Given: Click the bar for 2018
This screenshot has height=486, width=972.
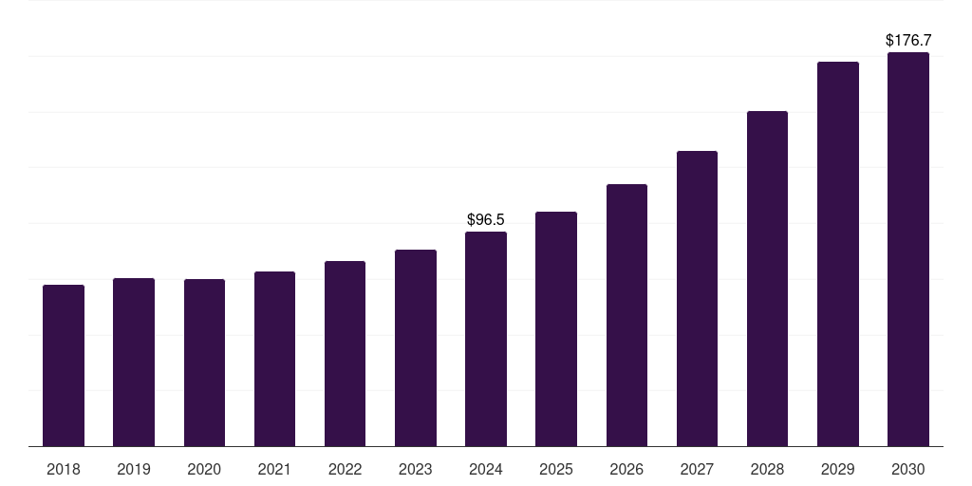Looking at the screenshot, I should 64,365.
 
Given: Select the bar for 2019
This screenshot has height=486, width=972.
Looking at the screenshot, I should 134,362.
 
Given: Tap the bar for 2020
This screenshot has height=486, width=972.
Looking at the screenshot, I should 204,363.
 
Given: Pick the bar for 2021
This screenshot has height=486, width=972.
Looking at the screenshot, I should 274,359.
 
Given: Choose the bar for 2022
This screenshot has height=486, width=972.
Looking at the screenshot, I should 345,353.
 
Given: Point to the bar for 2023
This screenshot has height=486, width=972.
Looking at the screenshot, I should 416,347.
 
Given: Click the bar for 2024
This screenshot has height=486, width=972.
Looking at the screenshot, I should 486,339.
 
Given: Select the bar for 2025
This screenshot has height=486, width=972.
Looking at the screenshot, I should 556,328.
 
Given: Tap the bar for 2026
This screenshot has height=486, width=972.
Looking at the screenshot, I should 626,315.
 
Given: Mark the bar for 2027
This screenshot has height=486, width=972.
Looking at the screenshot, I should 697,298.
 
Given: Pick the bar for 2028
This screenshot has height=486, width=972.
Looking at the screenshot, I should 767,278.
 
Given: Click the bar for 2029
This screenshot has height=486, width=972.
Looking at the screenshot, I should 838,253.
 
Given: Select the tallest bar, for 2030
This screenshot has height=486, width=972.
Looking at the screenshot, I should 908,249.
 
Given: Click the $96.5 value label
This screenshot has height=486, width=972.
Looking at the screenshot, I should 486,220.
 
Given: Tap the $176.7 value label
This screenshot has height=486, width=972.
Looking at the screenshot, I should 908,41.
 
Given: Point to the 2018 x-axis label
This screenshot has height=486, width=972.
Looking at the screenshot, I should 64,469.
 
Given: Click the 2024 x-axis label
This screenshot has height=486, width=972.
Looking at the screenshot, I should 486,469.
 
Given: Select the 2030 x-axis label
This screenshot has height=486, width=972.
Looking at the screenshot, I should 908,469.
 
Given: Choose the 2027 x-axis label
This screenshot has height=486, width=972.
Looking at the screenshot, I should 697,469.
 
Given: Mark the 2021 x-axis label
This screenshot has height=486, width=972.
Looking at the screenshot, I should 274,469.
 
